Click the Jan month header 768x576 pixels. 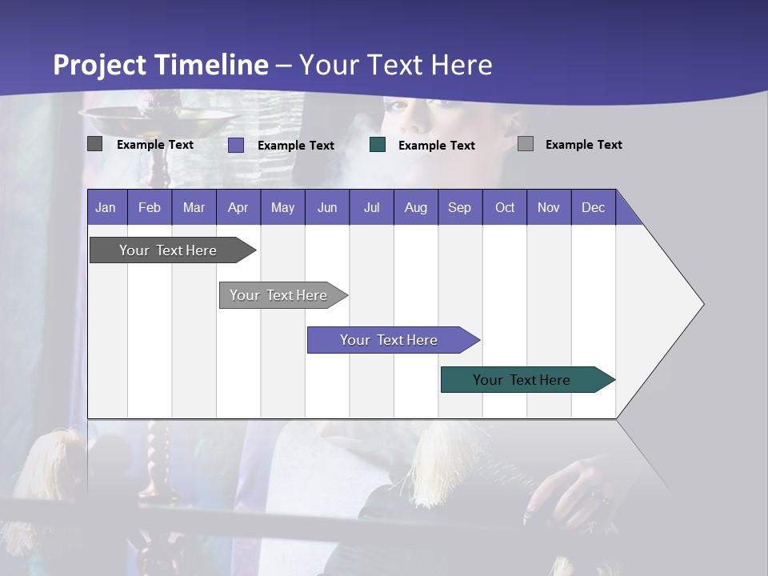click(x=106, y=207)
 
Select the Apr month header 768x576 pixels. click(x=238, y=207)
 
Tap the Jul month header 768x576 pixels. click(x=371, y=207)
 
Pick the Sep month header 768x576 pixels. click(x=459, y=207)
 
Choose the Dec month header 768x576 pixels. click(x=593, y=207)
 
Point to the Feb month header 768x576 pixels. click(x=150, y=207)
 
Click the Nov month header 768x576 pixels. click(x=549, y=207)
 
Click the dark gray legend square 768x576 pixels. click(x=94, y=144)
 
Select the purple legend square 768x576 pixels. click(x=236, y=145)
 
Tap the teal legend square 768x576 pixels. click(x=378, y=145)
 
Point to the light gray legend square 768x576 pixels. click(x=526, y=144)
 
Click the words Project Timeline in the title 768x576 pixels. click(x=160, y=65)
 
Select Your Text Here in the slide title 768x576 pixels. click(x=396, y=65)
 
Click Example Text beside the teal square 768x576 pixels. click(x=436, y=146)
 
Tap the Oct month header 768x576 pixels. click(x=505, y=207)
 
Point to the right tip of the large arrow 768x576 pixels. click(x=702, y=304)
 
